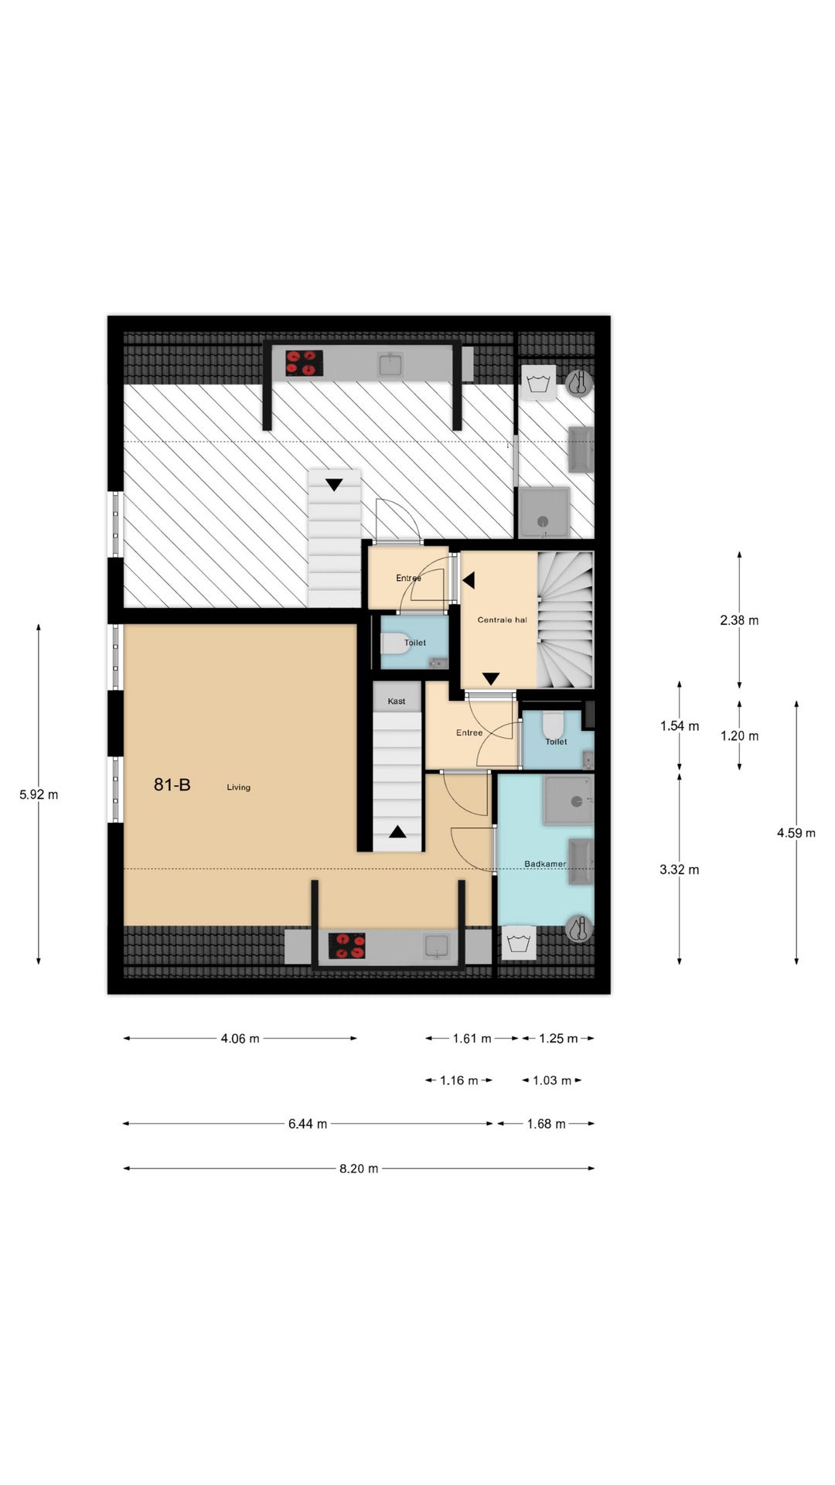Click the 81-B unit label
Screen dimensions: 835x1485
[172, 785]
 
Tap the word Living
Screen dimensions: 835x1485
[238, 787]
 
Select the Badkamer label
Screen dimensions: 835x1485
[545, 864]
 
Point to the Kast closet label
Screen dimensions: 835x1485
[397, 702]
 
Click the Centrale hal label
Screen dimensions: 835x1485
[502, 620]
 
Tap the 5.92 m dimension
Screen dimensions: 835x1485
[39, 794]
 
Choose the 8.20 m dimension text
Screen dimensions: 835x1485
[359, 1169]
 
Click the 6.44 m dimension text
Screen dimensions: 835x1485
[308, 1124]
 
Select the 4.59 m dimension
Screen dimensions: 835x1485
[796, 833]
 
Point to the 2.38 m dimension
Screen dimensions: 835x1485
[739, 620]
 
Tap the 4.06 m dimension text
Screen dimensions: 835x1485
[240, 1039]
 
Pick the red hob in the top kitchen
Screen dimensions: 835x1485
[304, 363]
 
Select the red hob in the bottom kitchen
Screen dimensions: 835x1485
[347, 946]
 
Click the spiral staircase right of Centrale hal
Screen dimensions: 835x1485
[565, 620]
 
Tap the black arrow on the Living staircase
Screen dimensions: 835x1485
[397, 832]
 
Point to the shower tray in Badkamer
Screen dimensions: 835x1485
[568, 801]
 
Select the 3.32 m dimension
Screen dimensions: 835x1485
[679, 870]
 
